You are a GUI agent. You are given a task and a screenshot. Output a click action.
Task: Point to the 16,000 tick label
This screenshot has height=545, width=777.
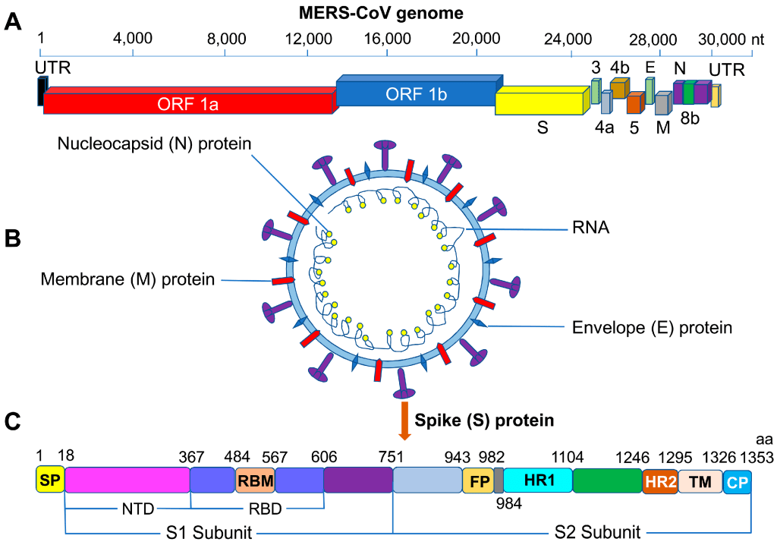click(388, 38)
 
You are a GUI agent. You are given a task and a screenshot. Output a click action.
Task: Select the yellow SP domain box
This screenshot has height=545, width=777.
click(50, 480)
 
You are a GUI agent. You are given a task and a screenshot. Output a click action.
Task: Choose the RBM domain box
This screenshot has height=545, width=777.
click(255, 480)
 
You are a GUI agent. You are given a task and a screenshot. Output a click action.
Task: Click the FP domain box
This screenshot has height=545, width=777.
click(477, 480)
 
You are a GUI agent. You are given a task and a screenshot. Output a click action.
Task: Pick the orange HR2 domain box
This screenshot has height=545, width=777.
click(659, 480)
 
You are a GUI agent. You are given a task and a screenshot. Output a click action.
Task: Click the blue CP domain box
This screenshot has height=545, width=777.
click(737, 480)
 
